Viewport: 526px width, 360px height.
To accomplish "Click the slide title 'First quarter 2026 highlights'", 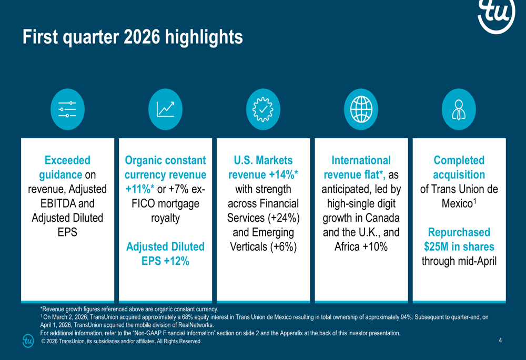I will point(133,37).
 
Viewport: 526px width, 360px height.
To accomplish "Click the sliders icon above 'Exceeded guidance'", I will point(67,109).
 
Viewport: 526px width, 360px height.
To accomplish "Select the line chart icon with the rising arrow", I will point(165,109).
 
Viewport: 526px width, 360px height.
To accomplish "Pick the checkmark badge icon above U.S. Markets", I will point(263,109).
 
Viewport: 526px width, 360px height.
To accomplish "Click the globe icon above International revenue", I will point(361,109).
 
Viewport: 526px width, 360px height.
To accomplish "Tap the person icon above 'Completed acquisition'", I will point(459,109).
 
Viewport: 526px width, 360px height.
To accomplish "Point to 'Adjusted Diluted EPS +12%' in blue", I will point(165,253).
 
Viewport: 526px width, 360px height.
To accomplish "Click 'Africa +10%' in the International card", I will point(361,246).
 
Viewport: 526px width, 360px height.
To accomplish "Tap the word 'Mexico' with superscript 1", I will point(457,203).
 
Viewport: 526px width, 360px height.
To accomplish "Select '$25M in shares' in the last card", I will point(459,246).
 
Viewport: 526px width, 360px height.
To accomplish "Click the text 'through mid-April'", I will point(459,261).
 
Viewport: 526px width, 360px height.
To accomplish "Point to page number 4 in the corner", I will point(500,341).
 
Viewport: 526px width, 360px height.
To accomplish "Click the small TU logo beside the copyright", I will point(28,341).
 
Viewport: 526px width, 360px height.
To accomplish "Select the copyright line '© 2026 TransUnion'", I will point(121,342).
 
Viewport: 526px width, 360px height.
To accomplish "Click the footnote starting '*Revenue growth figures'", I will point(129,309).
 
